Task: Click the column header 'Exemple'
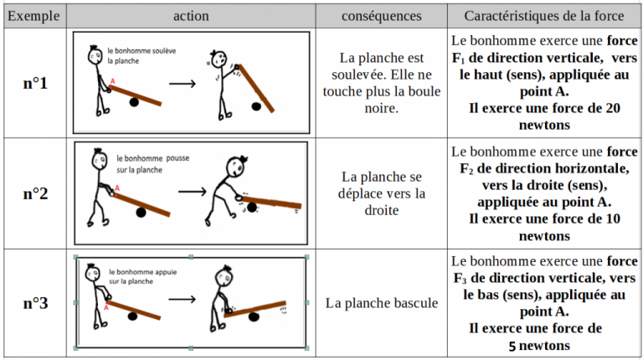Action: click(x=33, y=16)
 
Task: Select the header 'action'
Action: click(x=192, y=16)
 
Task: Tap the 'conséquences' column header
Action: click(x=383, y=16)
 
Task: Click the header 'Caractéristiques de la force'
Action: click(x=543, y=16)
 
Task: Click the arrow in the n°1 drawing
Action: click(x=182, y=83)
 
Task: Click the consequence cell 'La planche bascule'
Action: click(x=382, y=303)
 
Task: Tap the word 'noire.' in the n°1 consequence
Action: click(x=383, y=108)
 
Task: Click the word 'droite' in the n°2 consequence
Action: click(x=383, y=211)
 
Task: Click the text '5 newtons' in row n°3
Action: click(x=539, y=345)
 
